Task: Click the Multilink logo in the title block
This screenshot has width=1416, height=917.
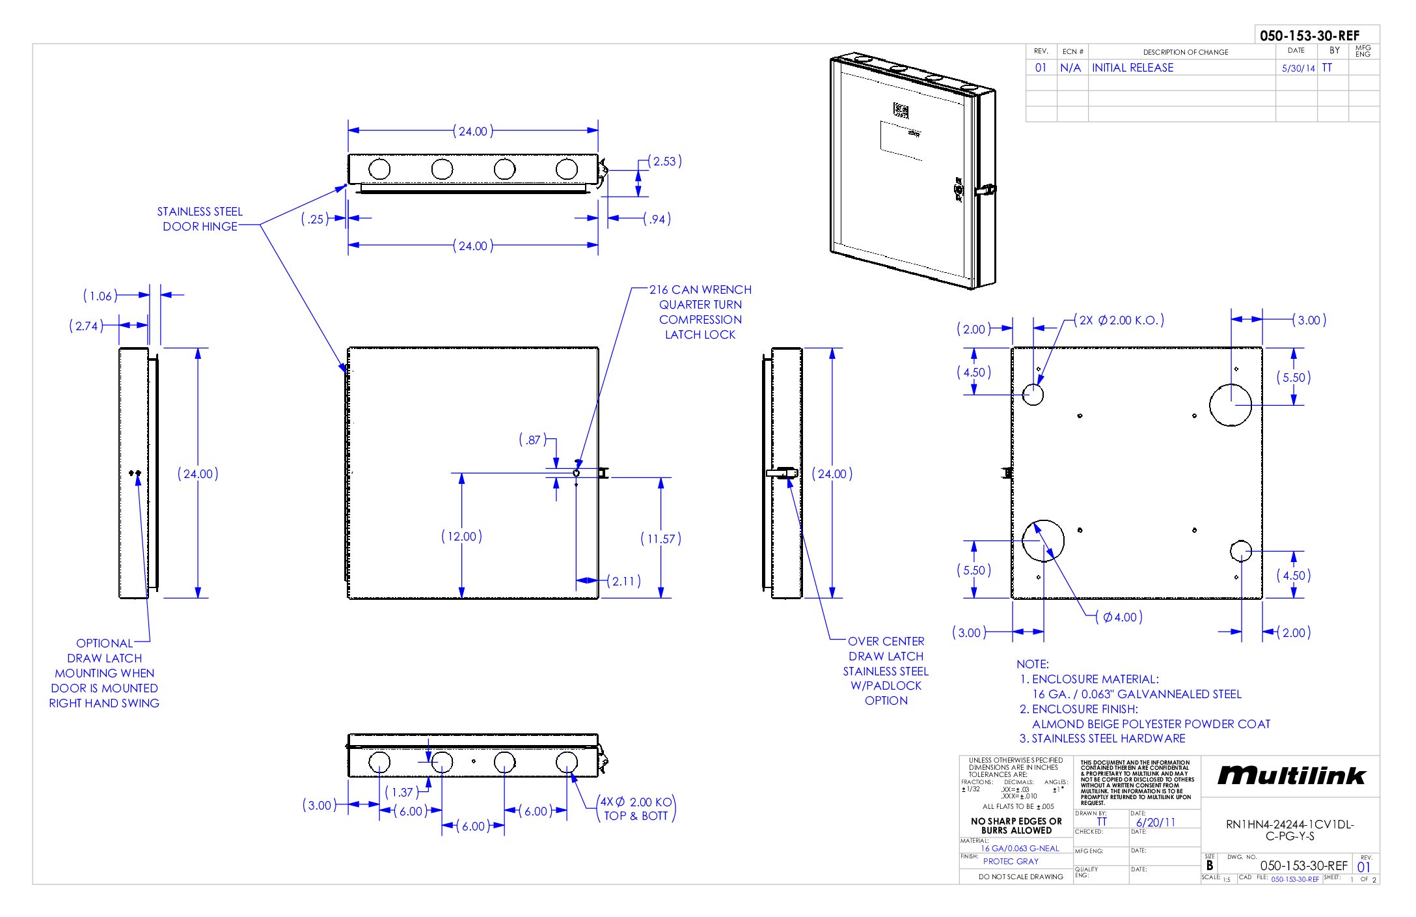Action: (1291, 775)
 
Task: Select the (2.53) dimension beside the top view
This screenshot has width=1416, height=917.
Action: (664, 162)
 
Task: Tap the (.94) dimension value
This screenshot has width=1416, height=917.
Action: (657, 219)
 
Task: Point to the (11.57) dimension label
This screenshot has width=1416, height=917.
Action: (660, 539)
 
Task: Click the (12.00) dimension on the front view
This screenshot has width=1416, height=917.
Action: (461, 537)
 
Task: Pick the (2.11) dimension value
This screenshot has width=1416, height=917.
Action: (624, 581)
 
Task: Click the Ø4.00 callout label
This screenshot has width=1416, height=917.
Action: (1119, 617)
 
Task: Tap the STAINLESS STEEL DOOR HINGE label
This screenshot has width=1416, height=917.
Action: (200, 219)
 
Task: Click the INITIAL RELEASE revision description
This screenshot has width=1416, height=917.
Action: (1132, 68)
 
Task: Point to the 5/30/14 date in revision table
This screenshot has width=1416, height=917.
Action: (1298, 68)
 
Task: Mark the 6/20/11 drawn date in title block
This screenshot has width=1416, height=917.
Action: (1156, 823)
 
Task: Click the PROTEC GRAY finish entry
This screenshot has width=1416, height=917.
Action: (1011, 861)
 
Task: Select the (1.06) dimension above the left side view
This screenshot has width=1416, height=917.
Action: (100, 296)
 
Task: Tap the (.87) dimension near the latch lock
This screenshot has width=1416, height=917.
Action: (532, 440)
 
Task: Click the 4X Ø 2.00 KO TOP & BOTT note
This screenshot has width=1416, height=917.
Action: (636, 809)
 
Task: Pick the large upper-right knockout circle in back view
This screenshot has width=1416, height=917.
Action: (1230, 404)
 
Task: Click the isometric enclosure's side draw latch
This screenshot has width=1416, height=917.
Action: (985, 190)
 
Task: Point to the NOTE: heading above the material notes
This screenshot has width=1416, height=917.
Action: (1033, 664)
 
